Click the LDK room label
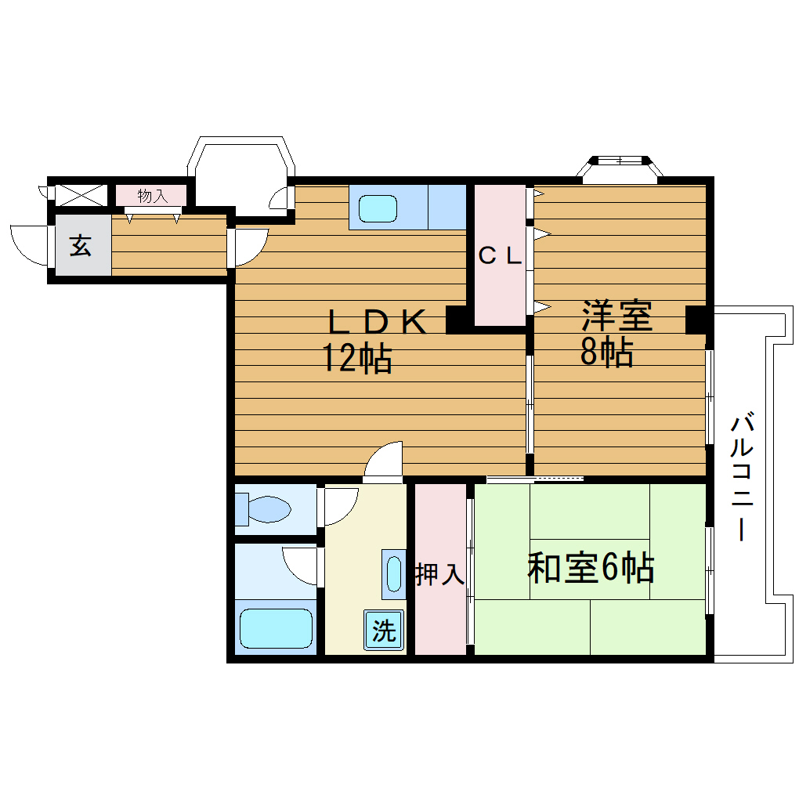377,321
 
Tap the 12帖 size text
356,359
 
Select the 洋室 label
617,316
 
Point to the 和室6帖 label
591,568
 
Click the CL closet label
500,255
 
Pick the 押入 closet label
439,574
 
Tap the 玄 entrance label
81,245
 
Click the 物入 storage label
153,196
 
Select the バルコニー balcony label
742,478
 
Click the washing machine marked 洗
384,630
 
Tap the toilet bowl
269,508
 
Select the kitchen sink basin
378,208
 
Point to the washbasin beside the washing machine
394,573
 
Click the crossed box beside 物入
81,196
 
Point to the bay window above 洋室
620,169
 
